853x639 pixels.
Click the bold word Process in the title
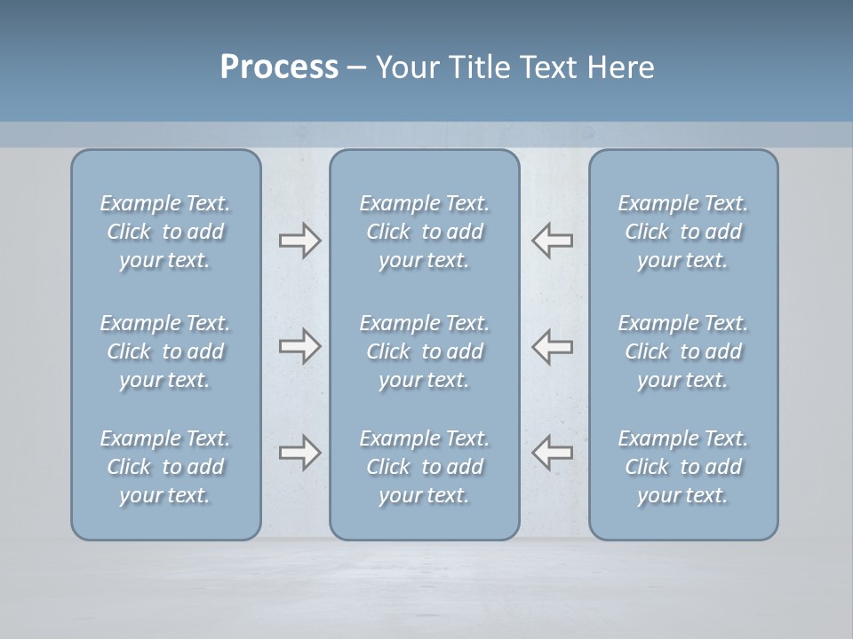[x=279, y=67]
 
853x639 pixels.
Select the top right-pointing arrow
[x=299, y=241]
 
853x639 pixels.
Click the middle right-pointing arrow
[x=299, y=345]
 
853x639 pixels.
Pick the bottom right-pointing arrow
[x=299, y=453]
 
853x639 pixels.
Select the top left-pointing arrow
[x=553, y=241]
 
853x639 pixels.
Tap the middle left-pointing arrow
[x=553, y=345]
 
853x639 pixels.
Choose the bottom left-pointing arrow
[x=553, y=453]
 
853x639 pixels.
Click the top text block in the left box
[x=165, y=232]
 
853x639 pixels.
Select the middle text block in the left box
[x=165, y=351]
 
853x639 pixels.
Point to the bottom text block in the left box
[x=165, y=467]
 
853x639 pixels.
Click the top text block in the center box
[x=425, y=232]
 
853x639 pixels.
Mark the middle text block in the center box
[x=425, y=351]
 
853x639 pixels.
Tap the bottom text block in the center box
[x=425, y=467]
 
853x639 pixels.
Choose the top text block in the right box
[x=683, y=232]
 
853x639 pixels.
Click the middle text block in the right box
[x=683, y=351]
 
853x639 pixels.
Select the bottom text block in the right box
[x=683, y=467]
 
